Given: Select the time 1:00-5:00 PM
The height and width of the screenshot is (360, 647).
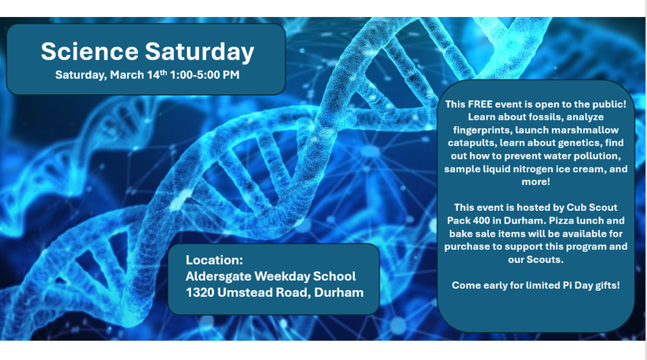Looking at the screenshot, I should pos(205,75).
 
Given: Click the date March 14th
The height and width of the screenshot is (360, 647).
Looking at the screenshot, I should pos(138,75).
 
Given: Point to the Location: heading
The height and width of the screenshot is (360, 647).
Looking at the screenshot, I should pos(214,260).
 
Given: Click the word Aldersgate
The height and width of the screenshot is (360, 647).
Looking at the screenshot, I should pos(220,276).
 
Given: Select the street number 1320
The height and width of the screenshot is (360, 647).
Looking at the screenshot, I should pos(201,292).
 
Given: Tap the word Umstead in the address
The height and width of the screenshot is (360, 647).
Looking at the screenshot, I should pos(250,292).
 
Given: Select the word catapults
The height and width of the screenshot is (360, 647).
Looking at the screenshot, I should pos(472,142).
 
